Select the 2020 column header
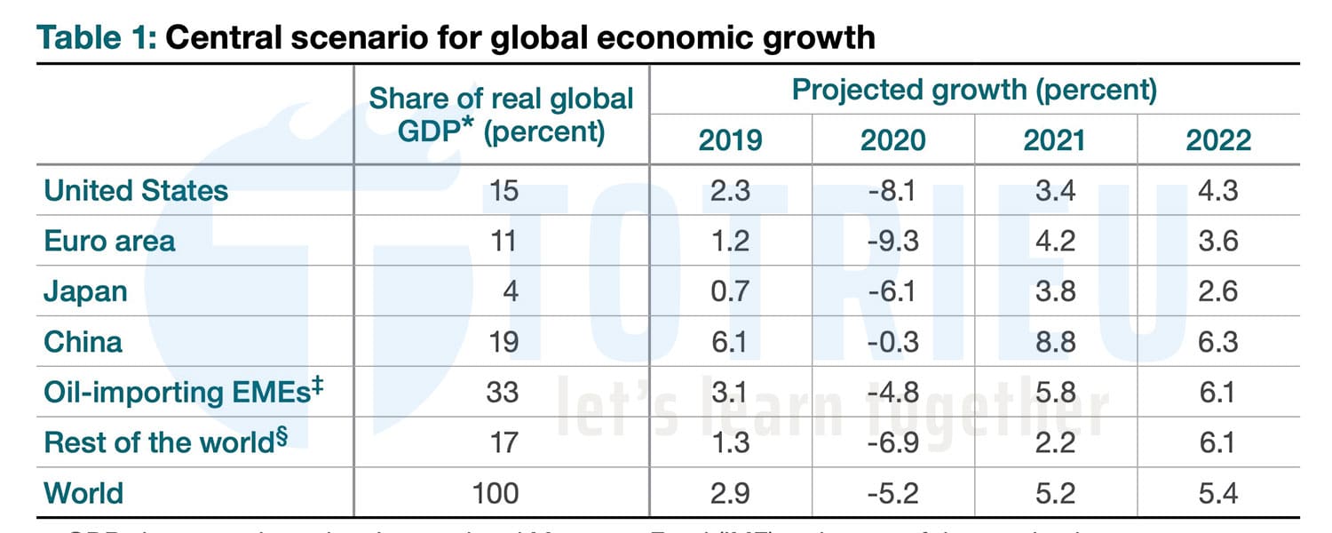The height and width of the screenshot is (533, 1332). click(x=892, y=140)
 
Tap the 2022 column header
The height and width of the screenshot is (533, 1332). click(x=1217, y=140)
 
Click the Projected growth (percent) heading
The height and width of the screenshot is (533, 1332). click(x=974, y=91)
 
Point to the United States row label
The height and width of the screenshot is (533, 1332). click(x=136, y=191)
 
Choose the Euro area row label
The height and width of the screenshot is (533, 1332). click(x=109, y=242)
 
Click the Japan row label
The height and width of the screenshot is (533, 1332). click(x=85, y=291)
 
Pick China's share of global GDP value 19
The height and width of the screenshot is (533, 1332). click(x=503, y=342)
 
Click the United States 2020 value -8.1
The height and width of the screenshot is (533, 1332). click(x=892, y=191)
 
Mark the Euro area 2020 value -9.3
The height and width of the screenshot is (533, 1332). click(x=892, y=242)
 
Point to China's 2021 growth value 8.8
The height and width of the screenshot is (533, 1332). click(x=1055, y=342)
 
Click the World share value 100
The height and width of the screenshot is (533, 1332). click(x=495, y=492)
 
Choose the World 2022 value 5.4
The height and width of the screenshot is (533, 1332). click(x=1217, y=492)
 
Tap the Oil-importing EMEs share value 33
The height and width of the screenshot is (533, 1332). click(x=503, y=392)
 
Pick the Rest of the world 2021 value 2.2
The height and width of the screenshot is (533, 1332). click(x=1055, y=442)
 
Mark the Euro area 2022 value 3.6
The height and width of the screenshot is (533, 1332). click(x=1217, y=242)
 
